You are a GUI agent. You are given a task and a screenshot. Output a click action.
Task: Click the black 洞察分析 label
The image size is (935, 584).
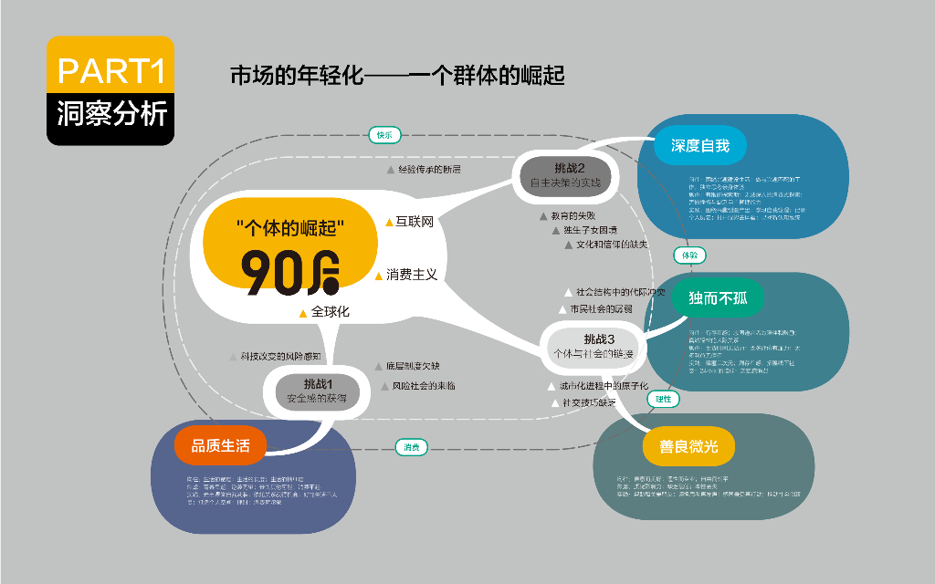(x=110, y=115)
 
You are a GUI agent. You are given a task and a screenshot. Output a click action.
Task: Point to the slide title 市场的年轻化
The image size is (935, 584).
(x=397, y=76)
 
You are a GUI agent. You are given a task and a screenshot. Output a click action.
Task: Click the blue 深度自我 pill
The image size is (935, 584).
(x=700, y=144)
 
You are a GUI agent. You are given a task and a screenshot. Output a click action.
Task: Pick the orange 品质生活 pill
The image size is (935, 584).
(x=220, y=445)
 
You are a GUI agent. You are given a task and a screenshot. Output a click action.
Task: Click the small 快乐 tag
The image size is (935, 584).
(x=384, y=135)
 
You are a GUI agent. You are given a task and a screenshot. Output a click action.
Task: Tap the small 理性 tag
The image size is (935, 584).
(x=663, y=399)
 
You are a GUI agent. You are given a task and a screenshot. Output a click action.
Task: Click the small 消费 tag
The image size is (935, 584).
(x=412, y=447)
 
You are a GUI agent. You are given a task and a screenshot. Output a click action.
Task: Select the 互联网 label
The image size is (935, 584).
(x=414, y=222)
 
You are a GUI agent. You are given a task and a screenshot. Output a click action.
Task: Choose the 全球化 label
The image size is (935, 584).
(x=330, y=312)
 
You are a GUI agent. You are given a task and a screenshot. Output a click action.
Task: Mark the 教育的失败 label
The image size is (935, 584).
(x=573, y=216)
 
